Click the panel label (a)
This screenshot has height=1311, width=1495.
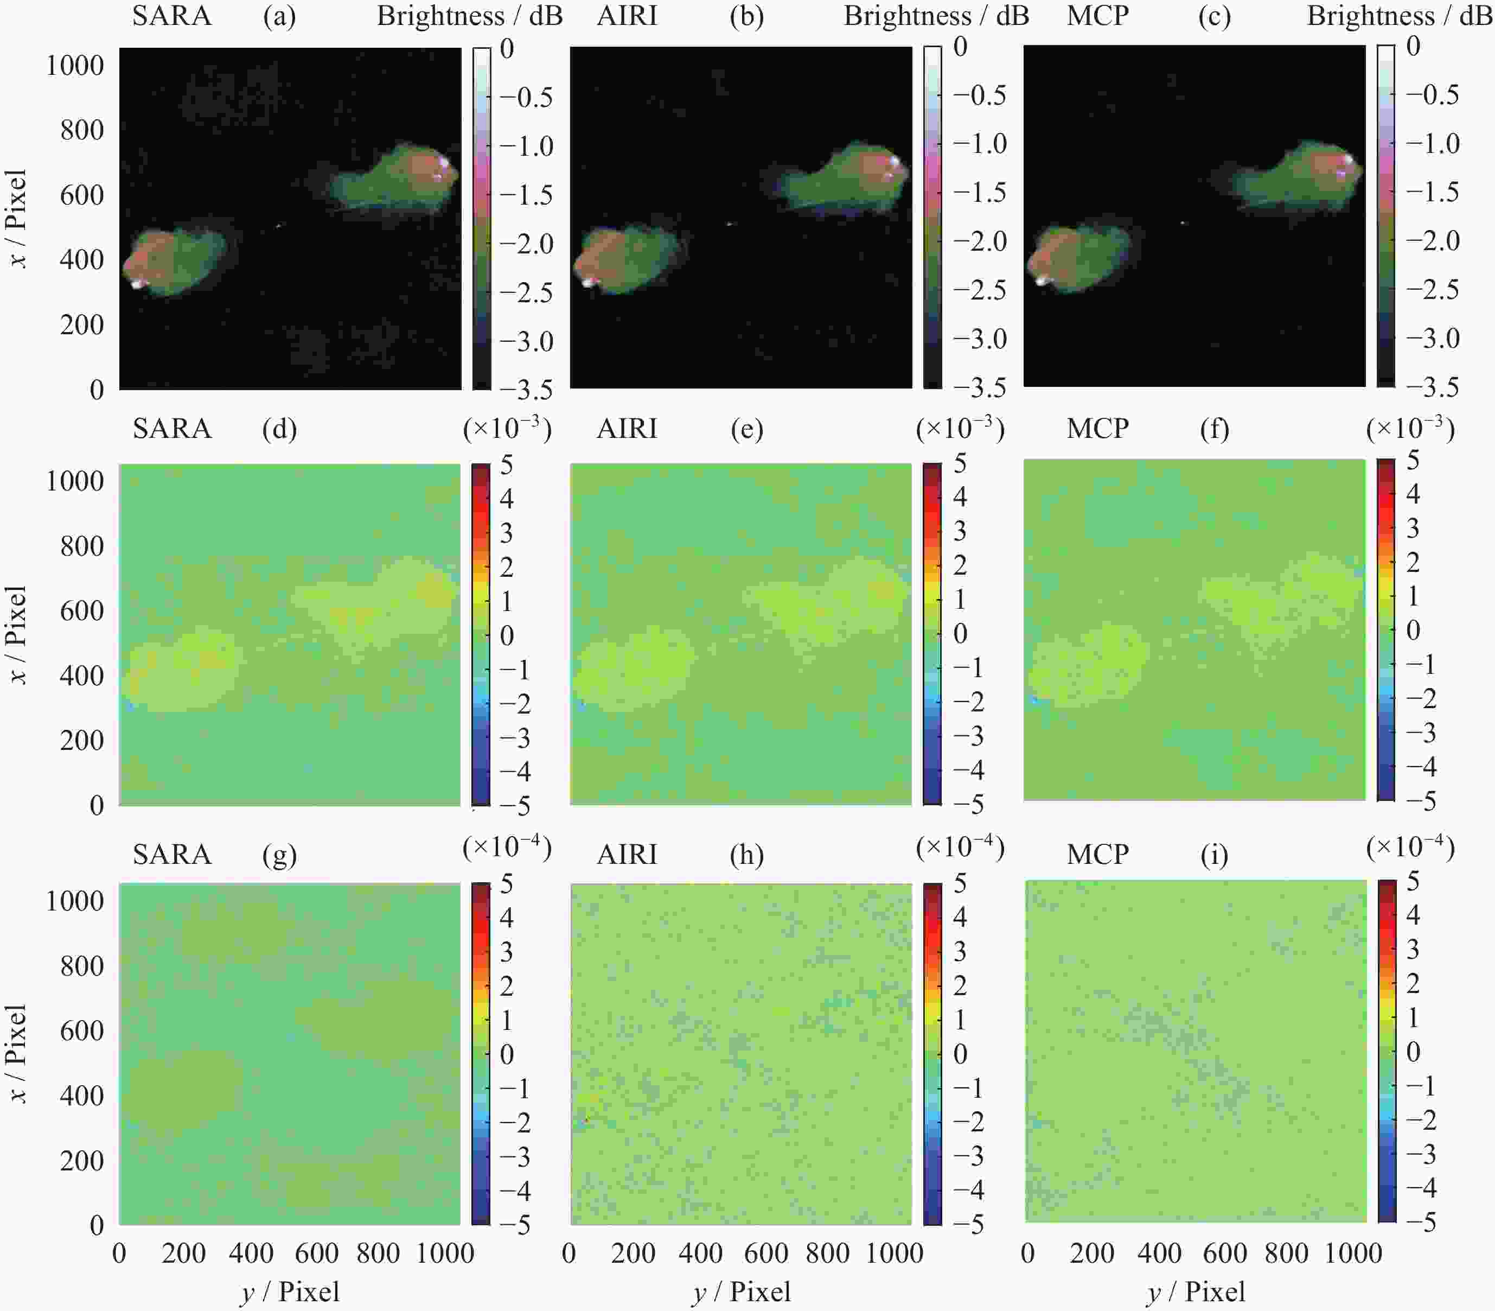click(279, 16)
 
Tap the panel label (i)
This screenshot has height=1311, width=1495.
click(1214, 855)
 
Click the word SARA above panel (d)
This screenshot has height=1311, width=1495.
click(172, 429)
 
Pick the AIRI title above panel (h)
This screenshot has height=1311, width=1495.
click(627, 855)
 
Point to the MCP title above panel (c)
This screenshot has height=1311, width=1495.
click(1097, 16)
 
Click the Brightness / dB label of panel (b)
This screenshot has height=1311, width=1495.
click(936, 16)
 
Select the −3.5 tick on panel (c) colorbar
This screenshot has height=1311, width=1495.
click(1432, 387)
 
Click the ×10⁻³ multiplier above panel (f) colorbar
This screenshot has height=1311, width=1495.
click(1410, 429)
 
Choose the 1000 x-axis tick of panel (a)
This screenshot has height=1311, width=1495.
click(75, 66)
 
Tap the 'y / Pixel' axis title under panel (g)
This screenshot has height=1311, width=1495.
click(290, 1292)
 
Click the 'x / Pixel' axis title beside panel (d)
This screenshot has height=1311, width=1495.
click(17, 635)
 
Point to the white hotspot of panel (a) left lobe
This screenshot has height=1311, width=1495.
click(137, 283)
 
